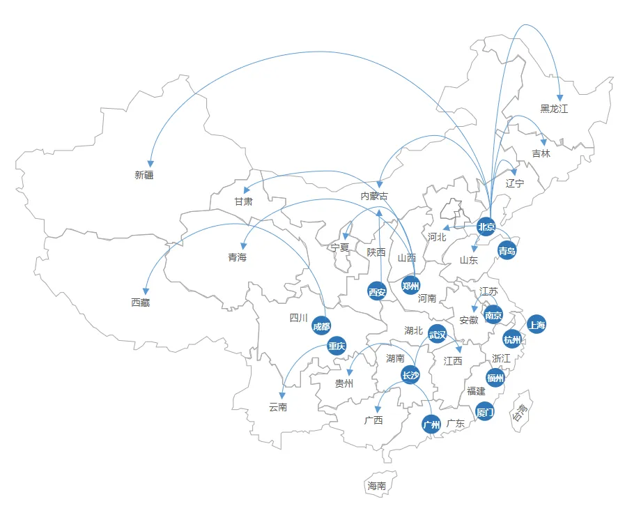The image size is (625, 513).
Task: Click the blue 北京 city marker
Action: pos(486,227)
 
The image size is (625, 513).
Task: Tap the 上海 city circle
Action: pos(537,325)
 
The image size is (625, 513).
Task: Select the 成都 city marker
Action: pos(321,326)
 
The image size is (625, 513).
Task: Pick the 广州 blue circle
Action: pos(431,424)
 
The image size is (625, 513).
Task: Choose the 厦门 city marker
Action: pos(485,412)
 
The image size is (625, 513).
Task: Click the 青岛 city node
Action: pos(507,250)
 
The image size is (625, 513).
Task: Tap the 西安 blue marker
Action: pos(377,292)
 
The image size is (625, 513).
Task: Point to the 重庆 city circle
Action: pos(337,346)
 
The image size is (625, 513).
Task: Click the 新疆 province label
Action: pos(144,175)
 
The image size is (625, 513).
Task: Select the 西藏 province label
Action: pos(140,303)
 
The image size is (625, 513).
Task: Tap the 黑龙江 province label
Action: pos(554,109)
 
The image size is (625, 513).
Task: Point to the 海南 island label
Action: pos(377,486)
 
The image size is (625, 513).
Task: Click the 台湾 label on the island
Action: pos(520,412)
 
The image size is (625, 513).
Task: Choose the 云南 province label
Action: pos(278,407)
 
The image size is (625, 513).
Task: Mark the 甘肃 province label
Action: pos(244,201)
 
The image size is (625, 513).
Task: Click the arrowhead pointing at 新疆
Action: pos(151,163)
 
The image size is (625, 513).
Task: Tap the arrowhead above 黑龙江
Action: pos(560,98)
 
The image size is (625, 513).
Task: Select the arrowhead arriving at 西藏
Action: pos(146,291)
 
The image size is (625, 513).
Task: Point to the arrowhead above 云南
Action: pos(282,395)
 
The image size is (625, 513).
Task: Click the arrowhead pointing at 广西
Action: pos(378,409)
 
